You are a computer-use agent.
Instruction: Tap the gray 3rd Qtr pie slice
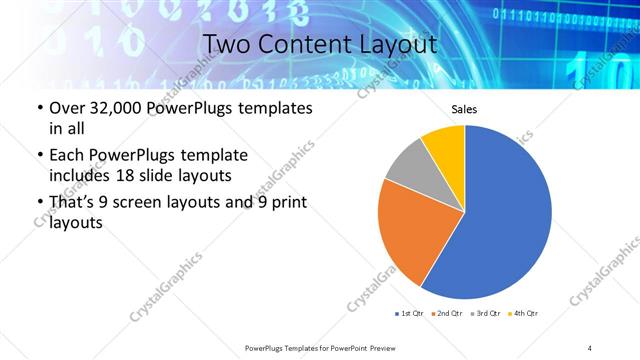click(407, 164)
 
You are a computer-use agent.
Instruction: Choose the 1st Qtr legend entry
click(409, 314)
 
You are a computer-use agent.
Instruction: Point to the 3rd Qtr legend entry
click(483, 314)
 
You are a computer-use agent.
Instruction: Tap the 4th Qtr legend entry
click(522, 314)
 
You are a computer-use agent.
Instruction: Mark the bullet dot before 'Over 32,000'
click(39, 108)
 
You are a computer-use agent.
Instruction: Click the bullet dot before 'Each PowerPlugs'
click(39, 156)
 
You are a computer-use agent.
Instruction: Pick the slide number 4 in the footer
click(590, 348)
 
